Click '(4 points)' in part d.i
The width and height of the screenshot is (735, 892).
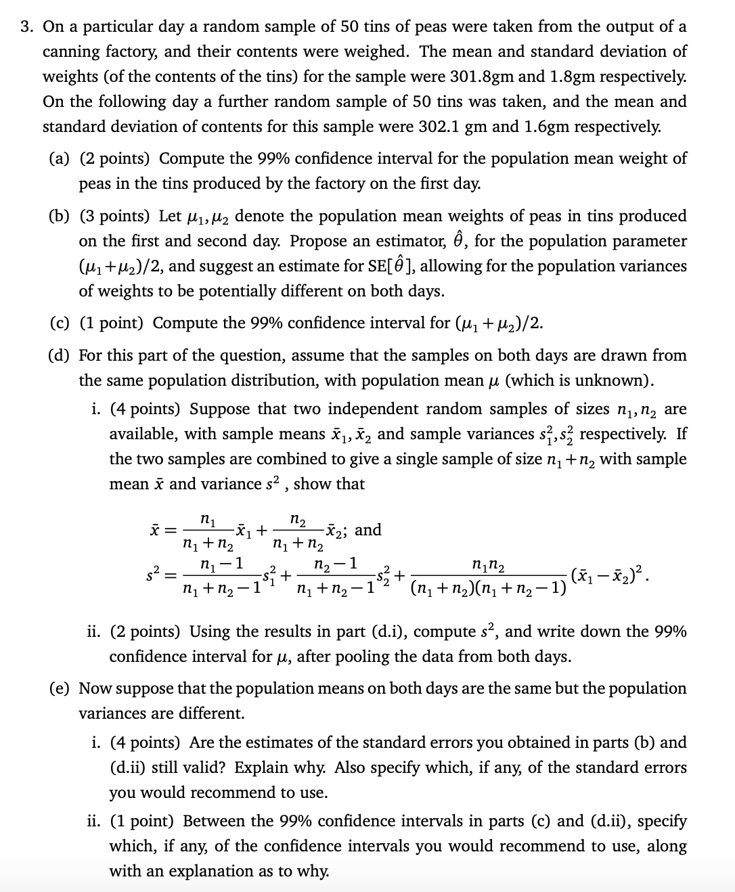pyautogui.click(x=145, y=409)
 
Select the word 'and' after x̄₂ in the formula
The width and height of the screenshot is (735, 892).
pyautogui.click(x=368, y=529)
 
